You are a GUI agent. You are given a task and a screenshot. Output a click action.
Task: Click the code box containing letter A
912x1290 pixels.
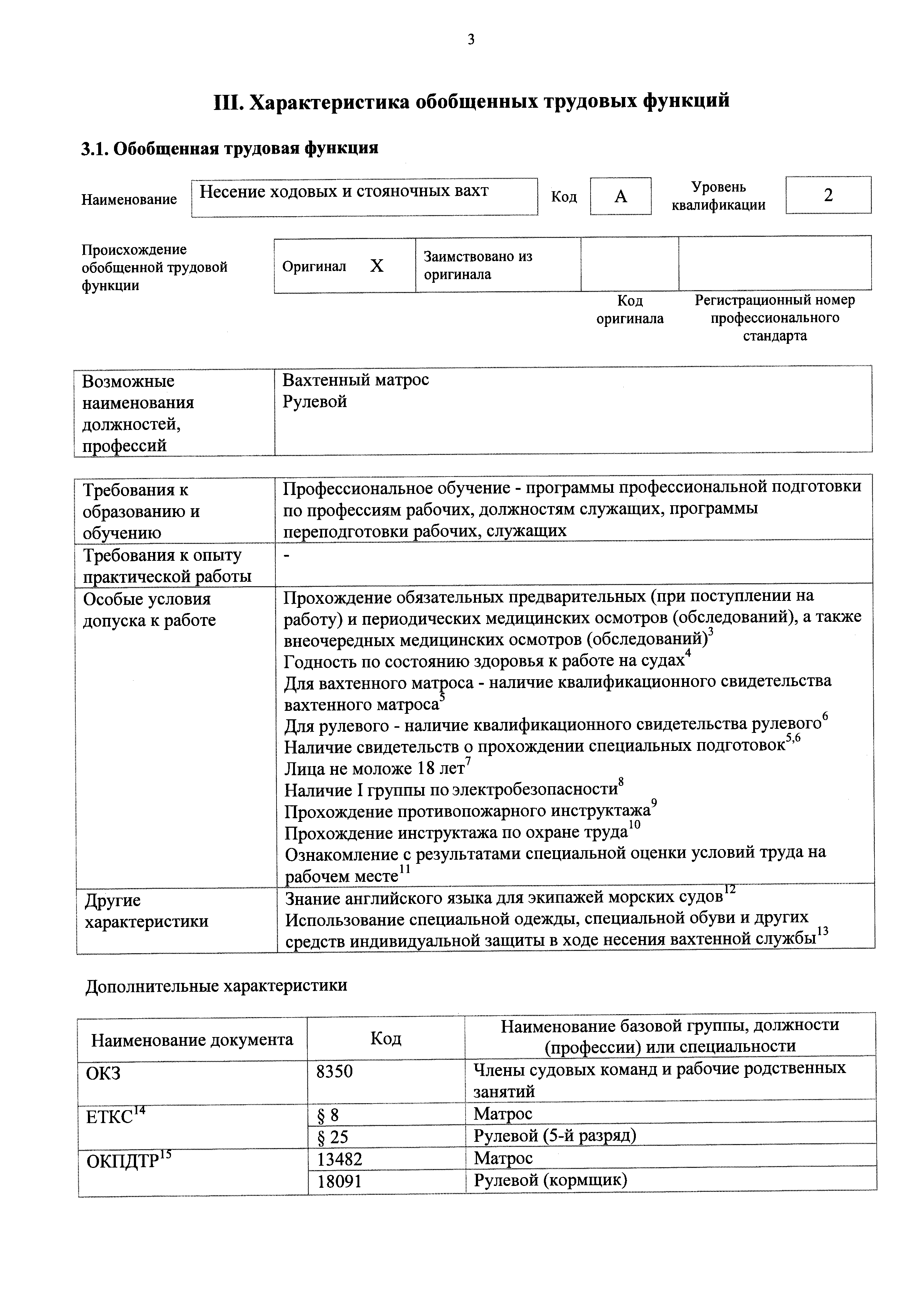coord(620,196)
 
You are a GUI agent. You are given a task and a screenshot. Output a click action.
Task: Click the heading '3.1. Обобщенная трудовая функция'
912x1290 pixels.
coord(230,148)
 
